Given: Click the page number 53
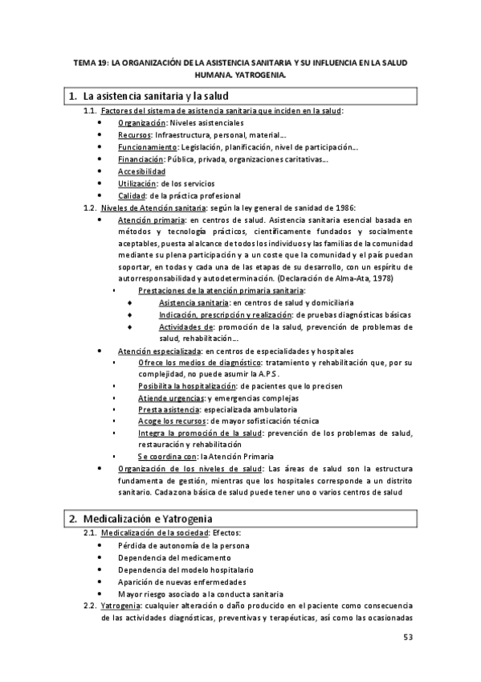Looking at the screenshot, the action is tap(408, 637).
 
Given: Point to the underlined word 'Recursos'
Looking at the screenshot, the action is tap(133, 135).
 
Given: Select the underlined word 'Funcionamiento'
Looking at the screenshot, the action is tap(148, 147).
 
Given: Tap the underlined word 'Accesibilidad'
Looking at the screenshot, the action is tap(141, 171).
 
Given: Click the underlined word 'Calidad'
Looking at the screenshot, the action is tap(131, 195).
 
